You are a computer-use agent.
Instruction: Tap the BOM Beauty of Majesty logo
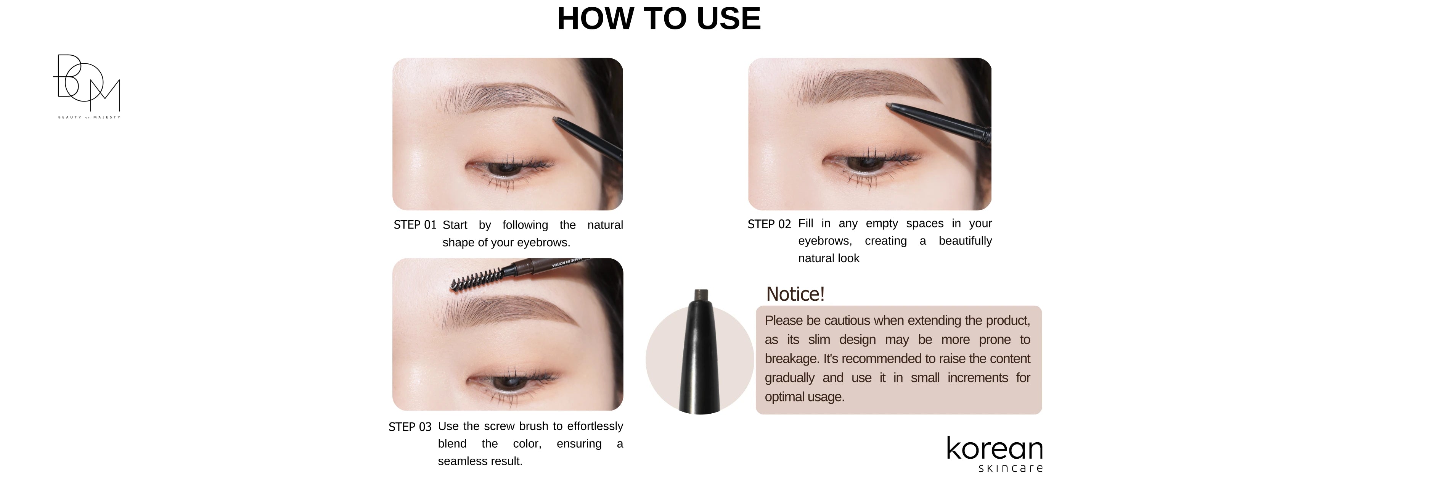(x=88, y=86)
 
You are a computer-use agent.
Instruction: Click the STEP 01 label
(x=415, y=225)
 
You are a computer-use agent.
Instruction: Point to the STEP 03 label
(x=410, y=427)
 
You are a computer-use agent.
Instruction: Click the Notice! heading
(x=795, y=294)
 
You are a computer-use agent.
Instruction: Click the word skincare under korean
(x=1010, y=468)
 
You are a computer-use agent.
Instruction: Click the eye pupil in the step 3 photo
(x=506, y=383)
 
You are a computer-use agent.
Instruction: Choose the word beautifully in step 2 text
(x=966, y=241)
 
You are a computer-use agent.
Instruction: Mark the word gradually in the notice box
(x=789, y=378)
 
